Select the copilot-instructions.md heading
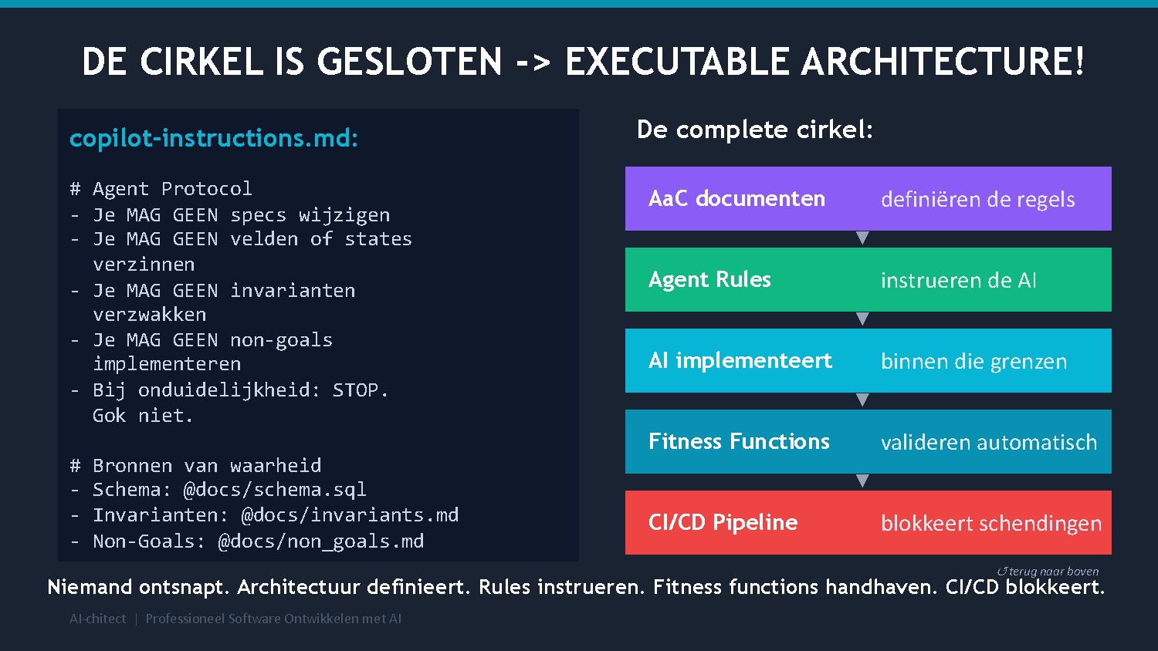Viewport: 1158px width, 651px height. click(x=214, y=138)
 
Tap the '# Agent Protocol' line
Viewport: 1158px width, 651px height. click(x=161, y=189)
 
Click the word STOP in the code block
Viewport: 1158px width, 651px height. click(x=356, y=390)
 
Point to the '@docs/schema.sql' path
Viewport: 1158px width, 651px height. click(x=275, y=490)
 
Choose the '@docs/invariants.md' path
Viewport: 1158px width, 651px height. click(x=350, y=515)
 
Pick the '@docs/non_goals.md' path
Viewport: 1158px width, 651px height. click(x=321, y=541)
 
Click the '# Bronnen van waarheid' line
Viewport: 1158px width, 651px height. click(x=195, y=466)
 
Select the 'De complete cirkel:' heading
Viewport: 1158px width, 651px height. click(x=754, y=130)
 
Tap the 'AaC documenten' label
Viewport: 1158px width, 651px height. click(x=736, y=199)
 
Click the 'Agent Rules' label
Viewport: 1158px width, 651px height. click(x=709, y=280)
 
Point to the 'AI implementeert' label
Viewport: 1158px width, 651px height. click(x=740, y=361)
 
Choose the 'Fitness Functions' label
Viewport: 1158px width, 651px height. click(x=739, y=442)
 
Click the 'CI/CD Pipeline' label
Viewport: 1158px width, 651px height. click(x=723, y=523)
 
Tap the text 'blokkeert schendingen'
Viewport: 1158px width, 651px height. click(x=990, y=524)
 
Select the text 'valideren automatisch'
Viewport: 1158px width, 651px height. click(x=988, y=443)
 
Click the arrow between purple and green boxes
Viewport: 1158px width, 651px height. click(x=863, y=238)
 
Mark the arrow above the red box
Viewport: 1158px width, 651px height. click(x=863, y=481)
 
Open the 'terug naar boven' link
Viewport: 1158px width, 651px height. click(x=1048, y=572)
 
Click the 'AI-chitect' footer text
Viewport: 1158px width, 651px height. click(x=97, y=619)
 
